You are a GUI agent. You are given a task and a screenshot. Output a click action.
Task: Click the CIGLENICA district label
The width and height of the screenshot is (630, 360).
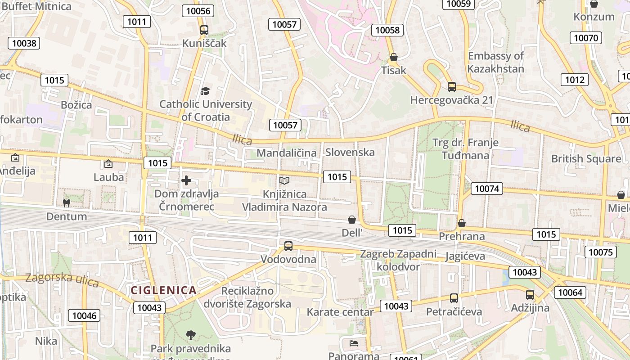164,290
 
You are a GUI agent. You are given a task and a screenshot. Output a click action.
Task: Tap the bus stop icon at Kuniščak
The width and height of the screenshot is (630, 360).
204,30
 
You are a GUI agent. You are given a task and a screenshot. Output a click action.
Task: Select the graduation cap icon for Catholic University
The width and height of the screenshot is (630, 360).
205,91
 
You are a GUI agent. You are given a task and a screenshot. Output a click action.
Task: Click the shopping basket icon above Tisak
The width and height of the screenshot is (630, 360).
394,57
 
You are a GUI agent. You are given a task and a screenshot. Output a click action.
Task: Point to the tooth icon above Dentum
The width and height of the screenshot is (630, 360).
67,203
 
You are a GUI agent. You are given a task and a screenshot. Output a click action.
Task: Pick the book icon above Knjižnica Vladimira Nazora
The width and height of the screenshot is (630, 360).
284,180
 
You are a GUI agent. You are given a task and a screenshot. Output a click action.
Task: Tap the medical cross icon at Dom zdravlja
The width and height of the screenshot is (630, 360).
186,181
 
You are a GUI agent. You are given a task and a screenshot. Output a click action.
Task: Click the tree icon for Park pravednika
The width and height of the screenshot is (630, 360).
191,335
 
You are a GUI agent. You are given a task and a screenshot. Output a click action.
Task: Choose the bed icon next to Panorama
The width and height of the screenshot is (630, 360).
354,343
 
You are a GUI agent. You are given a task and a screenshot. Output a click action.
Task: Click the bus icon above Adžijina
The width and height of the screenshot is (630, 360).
530,295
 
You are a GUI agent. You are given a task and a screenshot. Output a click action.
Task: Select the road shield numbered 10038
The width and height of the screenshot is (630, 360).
24,43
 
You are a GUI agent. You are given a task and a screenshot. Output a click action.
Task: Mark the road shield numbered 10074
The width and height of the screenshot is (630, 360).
487,189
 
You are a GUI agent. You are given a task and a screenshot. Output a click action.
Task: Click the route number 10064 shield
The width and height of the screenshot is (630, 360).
570,292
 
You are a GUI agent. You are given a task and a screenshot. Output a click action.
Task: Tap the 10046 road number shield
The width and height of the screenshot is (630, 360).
84,315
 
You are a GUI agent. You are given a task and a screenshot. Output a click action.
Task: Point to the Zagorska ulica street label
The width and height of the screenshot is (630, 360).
62,279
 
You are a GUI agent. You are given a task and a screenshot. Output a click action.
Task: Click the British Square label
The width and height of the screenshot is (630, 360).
586,159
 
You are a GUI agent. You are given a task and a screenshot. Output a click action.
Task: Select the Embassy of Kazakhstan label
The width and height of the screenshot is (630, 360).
495,63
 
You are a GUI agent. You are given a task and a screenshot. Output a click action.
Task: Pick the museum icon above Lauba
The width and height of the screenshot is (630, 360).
108,164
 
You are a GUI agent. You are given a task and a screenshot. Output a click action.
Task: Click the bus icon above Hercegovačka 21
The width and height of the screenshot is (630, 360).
452,87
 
